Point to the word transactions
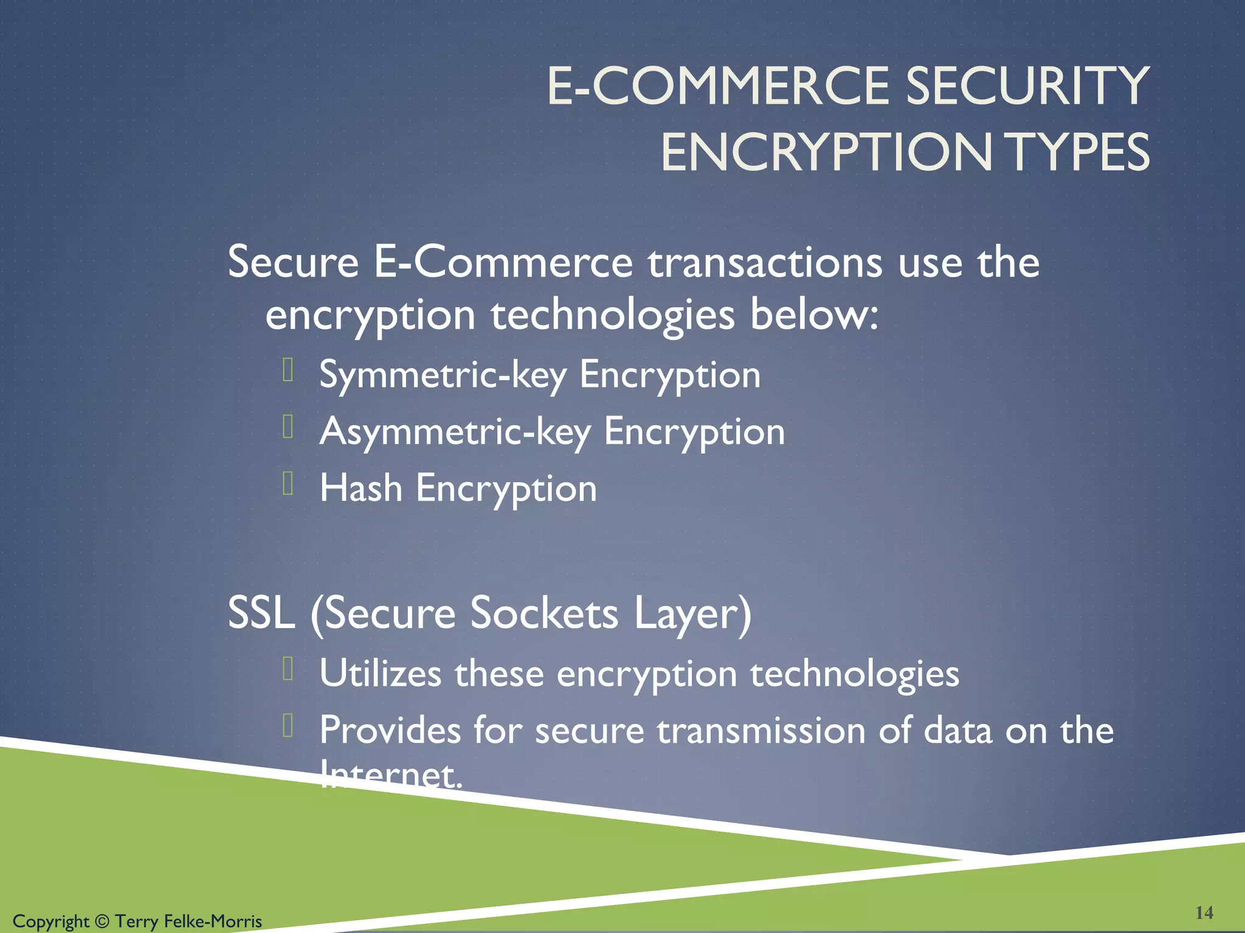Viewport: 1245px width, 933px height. pyautogui.click(x=765, y=262)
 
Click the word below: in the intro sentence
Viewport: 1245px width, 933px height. pyautogui.click(x=814, y=315)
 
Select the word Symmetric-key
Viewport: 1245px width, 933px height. pyautogui.click(x=443, y=375)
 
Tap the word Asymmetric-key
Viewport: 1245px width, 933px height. pyautogui.click(x=455, y=432)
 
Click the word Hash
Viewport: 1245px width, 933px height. pyautogui.click(x=361, y=488)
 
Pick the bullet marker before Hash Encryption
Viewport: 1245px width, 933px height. pyautogui.click(x=288, y=484)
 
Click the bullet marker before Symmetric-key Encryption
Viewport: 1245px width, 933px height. pyautogui.click(x=288, y=370)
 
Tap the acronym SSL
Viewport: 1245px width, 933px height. pyautogui.click(x=261, y=613)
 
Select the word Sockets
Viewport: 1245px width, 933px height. pyautogui.click(x=544, y=613)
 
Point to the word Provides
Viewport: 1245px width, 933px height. pyautogui.click(x=390, y=730)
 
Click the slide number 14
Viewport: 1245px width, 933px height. pyautogui.click(x=1204, y=912)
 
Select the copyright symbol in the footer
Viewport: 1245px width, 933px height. pyautogui.click(x=102, y=921)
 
